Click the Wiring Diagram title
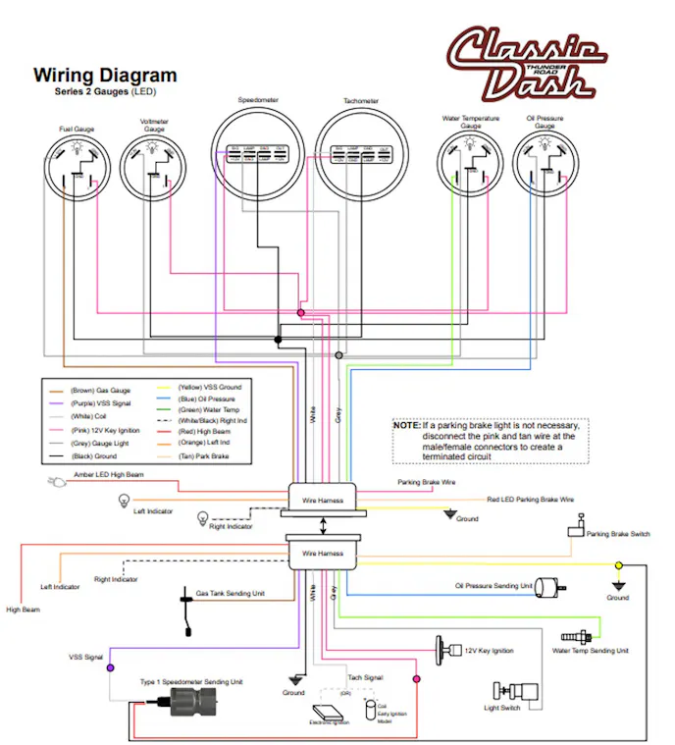click(105, 76)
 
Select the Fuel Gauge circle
click(78, 168)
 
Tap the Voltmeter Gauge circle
click(154, 168)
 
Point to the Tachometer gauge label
click(361, 101)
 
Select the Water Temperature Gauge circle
click(471, 168)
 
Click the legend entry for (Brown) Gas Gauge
click(99, 390)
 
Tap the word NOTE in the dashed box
click(406, 426)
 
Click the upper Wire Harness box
click(323, 500)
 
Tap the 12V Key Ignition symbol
click(443, 648)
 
